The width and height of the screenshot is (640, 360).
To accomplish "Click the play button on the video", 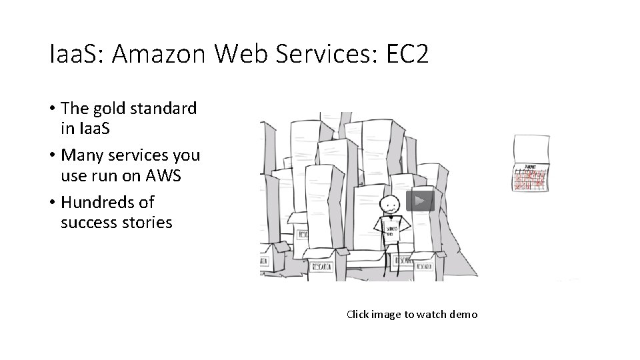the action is (420, 201).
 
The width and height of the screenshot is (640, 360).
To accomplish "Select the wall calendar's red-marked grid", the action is (531, 179).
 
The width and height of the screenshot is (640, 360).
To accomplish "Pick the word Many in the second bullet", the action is (81, 155).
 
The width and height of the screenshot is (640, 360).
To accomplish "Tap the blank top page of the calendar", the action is (531, 148).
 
